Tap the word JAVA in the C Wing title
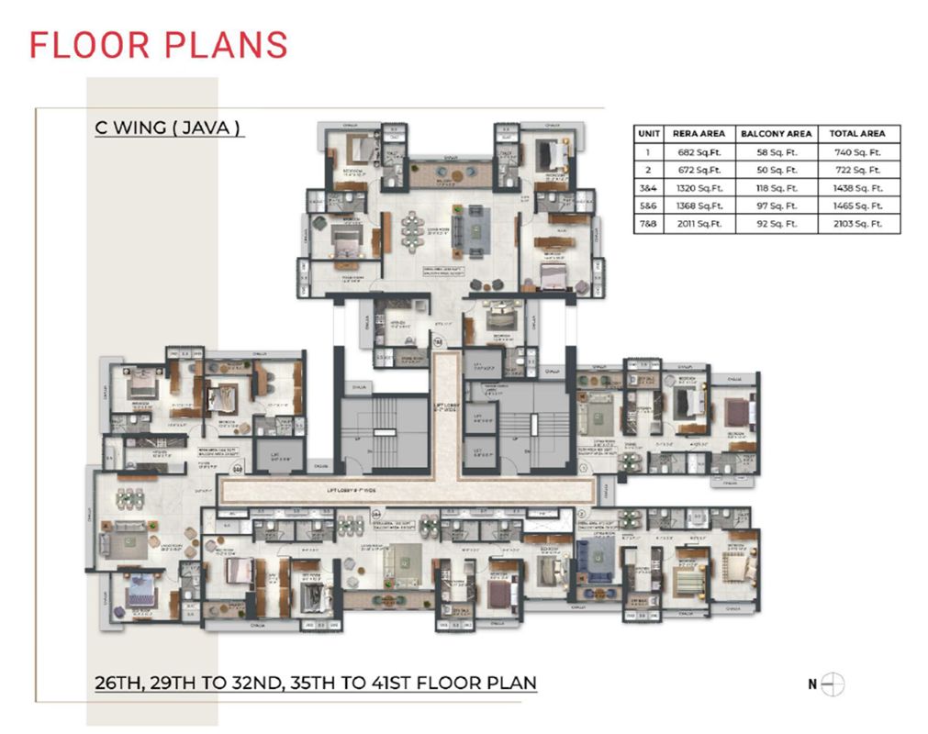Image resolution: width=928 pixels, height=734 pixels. pyautogui.click(x=212, y=128)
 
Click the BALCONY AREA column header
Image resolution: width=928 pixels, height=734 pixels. pyautogui.click(x=776, y=133)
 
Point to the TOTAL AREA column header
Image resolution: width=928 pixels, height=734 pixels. pyautogui.click(x=858, y=133)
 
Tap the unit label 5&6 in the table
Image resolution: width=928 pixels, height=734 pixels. pyautogui.click(x=649, y=206)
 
